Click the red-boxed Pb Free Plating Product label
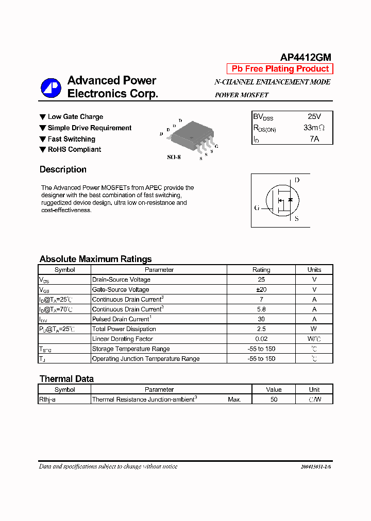[x=280, y=69]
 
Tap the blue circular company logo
[x=51, y=88]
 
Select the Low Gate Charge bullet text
[x=75, y=117]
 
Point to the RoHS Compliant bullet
[x=74, y=150]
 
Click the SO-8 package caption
[x=174, y=158]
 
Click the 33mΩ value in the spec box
[x=314, y=128]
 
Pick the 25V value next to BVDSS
[x=314, y=117]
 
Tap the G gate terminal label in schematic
[x=257, y=208]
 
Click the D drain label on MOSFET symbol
[x=297, y=180]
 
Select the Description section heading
[x=63, y=169]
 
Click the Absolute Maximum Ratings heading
[x=95, y=259]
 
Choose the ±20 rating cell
[x=261, y=290]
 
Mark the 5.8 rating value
[x=261, y=309]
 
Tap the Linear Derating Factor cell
[x=122, y=339]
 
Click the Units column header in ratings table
[x=314, y=270]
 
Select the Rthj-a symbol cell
[x=47, y=400]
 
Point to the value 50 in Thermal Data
[x=274, y=400]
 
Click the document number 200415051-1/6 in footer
[x=315, y=467]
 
